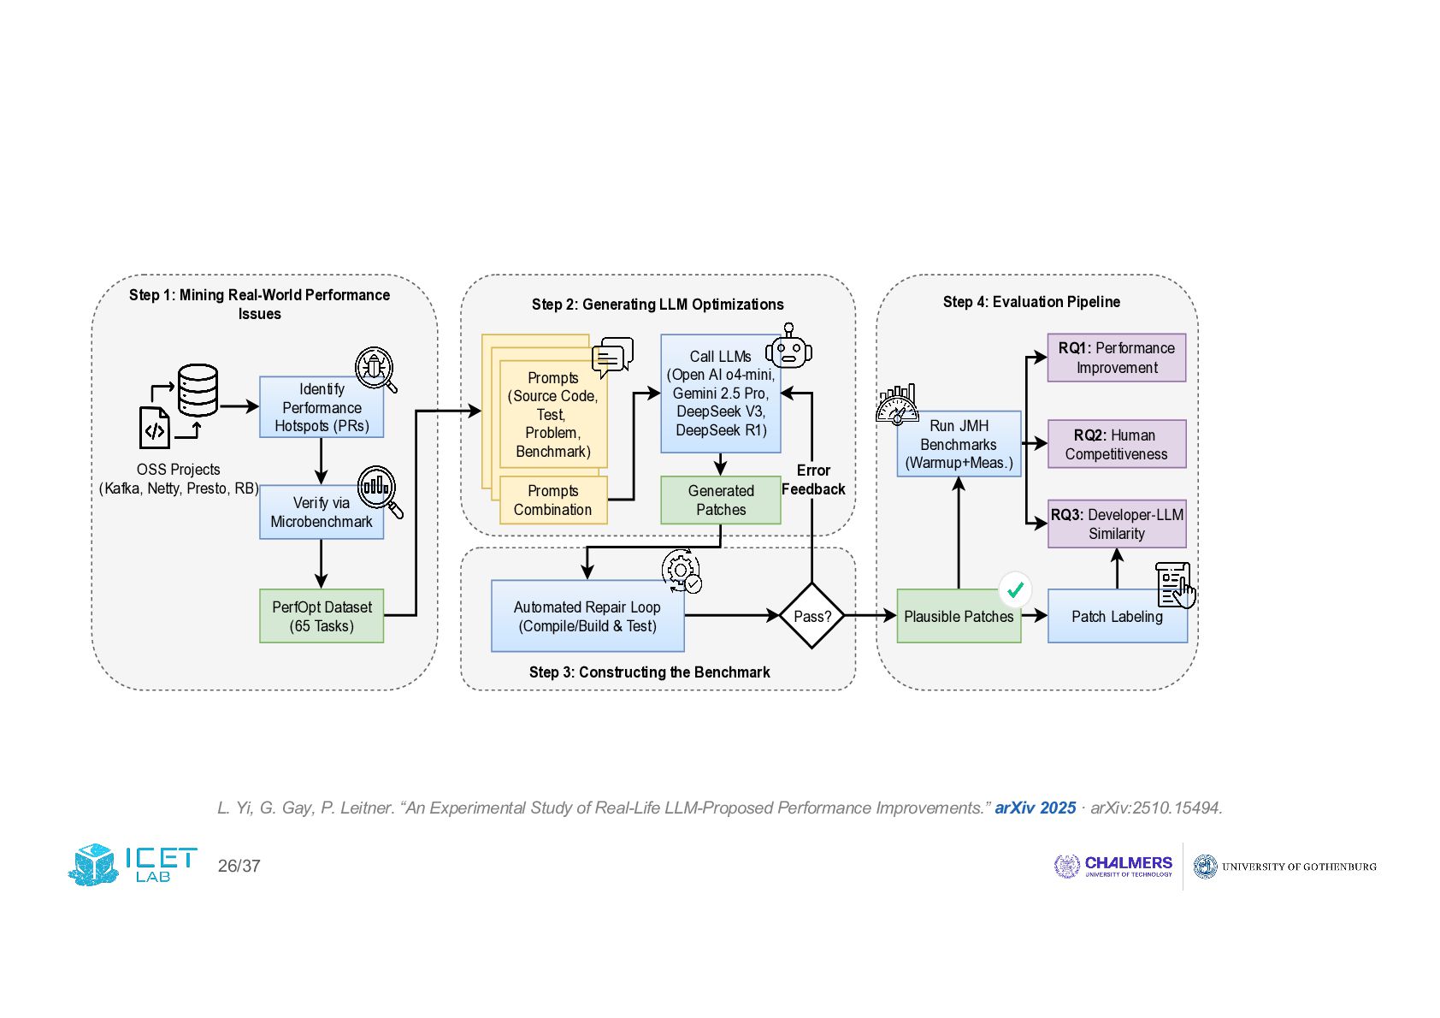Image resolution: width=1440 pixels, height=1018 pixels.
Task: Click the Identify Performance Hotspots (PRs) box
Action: click(322, 407)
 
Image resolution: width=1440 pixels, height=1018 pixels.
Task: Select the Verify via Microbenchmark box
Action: click(322, 512)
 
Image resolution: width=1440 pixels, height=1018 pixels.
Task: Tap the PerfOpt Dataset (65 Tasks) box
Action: click(322, 616)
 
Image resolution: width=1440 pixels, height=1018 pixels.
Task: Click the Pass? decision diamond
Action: click(812, 615)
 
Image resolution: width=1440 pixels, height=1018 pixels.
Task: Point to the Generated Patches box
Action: click(721, 500)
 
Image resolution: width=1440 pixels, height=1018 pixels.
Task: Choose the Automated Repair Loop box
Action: click(587, 616)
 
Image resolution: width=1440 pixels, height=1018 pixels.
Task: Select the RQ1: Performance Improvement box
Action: click(1117, 358)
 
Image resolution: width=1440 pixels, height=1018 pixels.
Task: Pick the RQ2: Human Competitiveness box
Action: click(1117, 444)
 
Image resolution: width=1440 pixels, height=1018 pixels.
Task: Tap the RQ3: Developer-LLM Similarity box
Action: click(1117, 524)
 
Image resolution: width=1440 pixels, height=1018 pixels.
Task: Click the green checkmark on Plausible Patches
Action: click(1015, 589)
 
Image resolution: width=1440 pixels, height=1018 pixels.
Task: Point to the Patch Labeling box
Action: click(1118, 616)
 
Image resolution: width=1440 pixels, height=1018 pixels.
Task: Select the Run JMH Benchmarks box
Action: click(959, 444)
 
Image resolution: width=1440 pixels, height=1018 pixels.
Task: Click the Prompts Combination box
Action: click(553, 500)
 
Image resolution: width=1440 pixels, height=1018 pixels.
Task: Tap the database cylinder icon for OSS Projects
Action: click(198, 390)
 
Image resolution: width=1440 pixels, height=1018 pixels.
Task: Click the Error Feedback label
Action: click(813, 480)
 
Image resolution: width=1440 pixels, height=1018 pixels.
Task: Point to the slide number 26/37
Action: click(239, 867)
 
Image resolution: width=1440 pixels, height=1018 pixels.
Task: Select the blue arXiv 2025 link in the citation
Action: click(1035, 808)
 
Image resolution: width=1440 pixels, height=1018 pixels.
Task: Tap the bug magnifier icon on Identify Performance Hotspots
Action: click(376, 369)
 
